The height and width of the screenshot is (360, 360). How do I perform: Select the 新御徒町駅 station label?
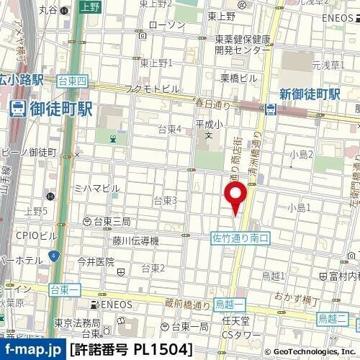coord(310,94)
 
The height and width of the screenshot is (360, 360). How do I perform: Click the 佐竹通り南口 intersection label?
coord(240,237)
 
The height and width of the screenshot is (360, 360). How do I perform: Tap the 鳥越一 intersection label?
coord(231,306)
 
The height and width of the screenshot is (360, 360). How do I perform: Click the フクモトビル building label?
coord(152,89)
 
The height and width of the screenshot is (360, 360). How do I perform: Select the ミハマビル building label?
coord(97,188)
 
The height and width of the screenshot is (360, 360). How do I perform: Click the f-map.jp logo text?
coord(32,349)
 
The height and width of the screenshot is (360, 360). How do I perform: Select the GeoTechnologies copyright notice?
coord(310,351)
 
